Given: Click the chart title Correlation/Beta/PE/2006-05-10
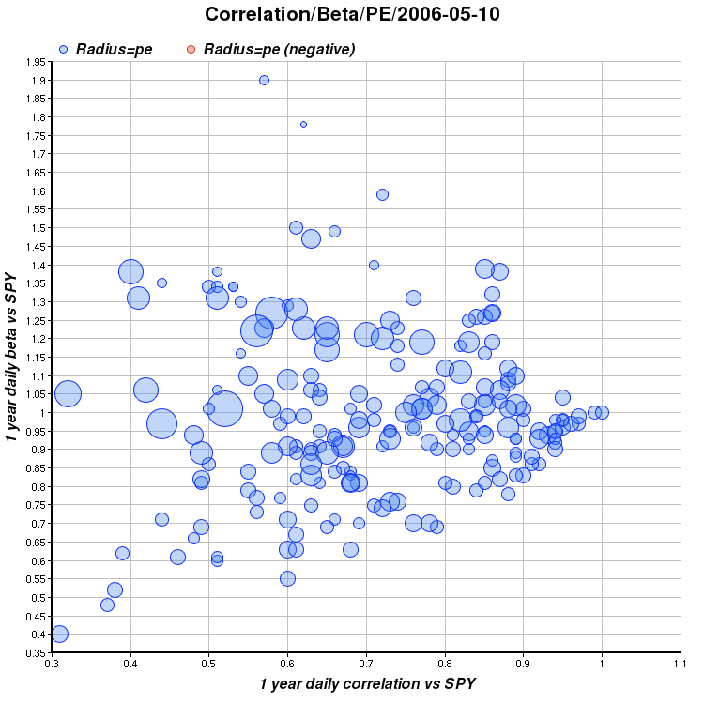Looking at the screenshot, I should pyautogui.click(x=352, y=14).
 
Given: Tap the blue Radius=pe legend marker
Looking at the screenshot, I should pyautogui.click(x=63, y=49).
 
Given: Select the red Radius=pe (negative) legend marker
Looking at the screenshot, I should pyautogui.click(x=191, y=49).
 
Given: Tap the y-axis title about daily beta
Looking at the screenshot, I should pyautogui.click(x=12, y=357).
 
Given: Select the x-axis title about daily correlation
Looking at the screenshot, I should pyautogui.click(x=366, y=684).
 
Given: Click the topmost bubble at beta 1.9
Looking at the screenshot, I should pyautogui.click(x=264, y=80).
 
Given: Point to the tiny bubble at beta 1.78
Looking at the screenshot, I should pyautogui.click(x=303, y=124).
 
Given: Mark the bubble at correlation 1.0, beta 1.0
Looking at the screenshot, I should pyautogui.click(x=602, y=412).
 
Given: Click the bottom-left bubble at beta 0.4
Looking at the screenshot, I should pyautogui.click(x=59, y=634).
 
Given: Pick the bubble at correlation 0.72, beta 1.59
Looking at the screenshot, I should pyautogui.click(x=382, y=194).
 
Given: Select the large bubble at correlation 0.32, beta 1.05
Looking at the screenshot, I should pyautogui.click(x=68, y=394).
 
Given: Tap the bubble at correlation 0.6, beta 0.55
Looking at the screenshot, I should pyautogui.click(x=287, y=578).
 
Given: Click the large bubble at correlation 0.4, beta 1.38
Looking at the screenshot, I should pyautogui.click(x=130, y=272).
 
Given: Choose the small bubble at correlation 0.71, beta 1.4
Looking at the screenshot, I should pyautogui.click(x=374, y=265).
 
